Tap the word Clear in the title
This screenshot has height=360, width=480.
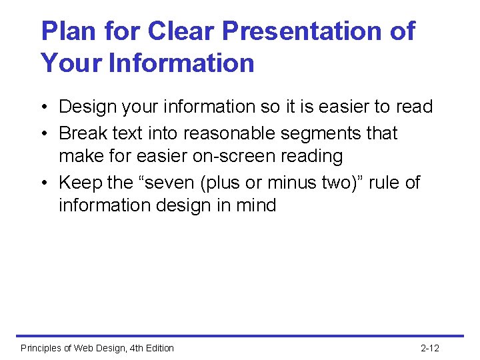[181, 31]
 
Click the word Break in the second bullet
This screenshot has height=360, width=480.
[83, 133]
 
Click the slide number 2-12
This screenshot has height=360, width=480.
[430, 348]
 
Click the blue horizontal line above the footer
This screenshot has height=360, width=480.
[240, 336]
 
